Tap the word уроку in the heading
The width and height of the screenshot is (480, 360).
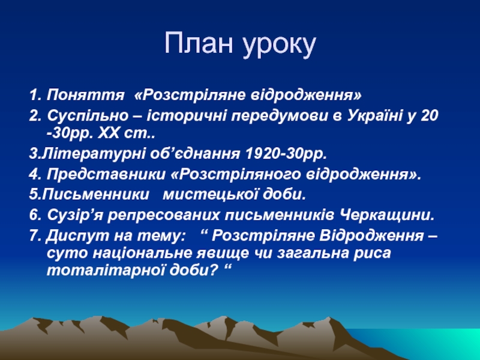tap(280, 46)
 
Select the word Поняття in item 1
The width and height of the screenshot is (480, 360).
tap(85, 95)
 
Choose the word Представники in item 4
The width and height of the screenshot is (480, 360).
tap(106, 175)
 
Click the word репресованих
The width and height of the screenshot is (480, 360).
tap(163, 215)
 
